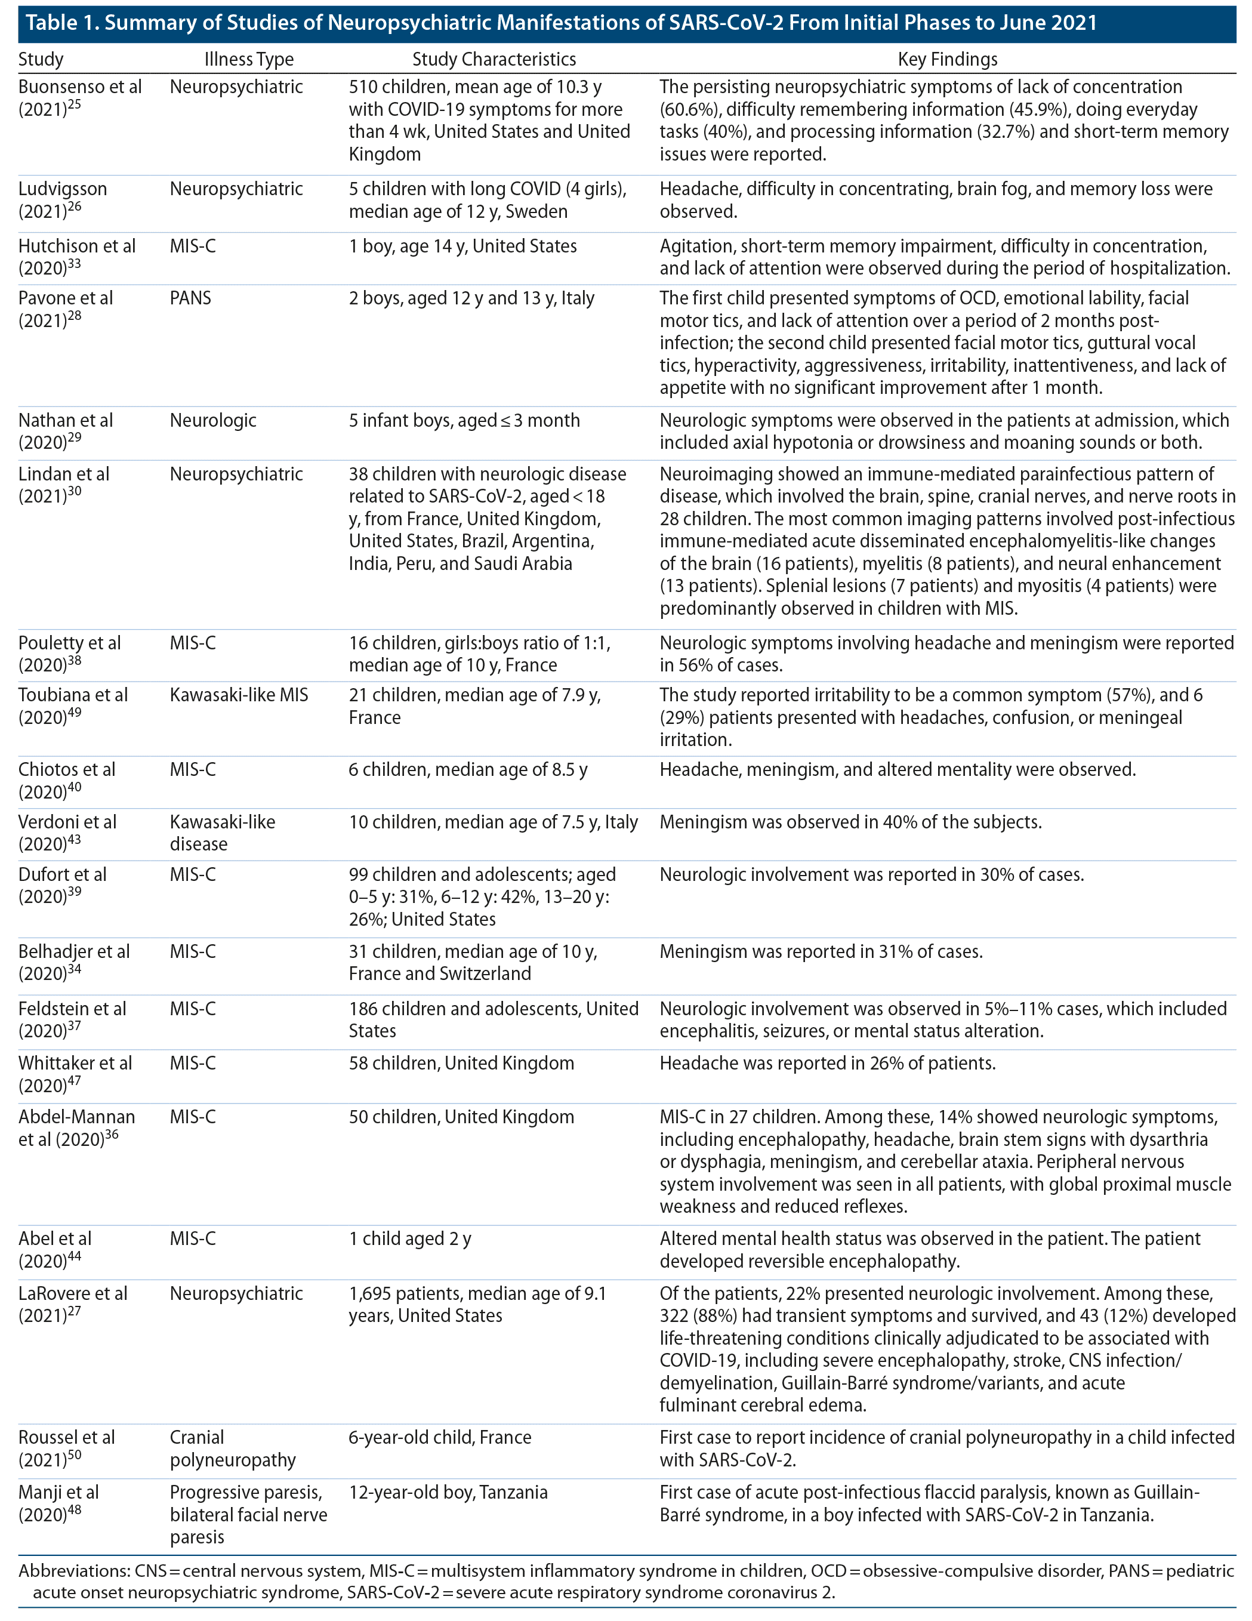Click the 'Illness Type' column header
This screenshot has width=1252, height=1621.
249,59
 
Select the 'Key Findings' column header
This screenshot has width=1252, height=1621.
947,59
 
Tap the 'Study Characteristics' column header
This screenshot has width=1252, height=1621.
494,59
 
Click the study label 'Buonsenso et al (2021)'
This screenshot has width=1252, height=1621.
79,98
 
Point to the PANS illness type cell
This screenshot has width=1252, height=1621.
191,298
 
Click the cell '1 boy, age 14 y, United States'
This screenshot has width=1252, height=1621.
462,246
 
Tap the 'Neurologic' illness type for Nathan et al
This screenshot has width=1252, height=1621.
213,421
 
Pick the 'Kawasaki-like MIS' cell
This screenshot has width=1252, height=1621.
238,695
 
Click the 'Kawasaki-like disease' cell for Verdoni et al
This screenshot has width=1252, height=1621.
222,833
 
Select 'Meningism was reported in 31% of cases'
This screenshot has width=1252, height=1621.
821,951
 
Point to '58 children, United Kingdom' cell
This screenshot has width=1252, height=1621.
461,1064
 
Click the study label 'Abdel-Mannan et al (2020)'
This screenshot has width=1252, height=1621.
76,1128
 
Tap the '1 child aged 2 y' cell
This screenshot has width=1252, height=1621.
409,1239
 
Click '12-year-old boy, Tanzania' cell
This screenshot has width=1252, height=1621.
448,1493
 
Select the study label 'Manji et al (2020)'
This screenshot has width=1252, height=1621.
58,1504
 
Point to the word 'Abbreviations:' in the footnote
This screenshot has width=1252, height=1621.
73,1571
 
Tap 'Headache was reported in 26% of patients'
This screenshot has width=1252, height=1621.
828,1064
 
